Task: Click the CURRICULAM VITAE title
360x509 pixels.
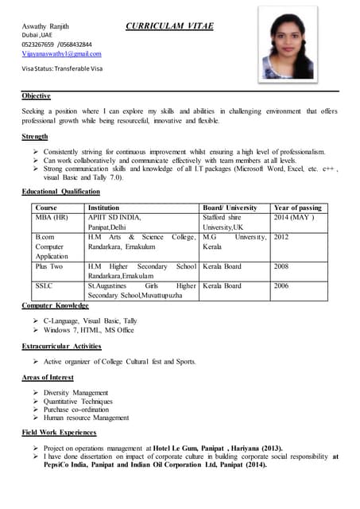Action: click(168, 25)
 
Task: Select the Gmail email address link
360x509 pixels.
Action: click(62, 53)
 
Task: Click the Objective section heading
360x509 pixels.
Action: click(37, 95)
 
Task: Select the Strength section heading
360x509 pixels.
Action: click(35, 137)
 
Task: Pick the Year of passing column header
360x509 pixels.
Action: click(297, 208)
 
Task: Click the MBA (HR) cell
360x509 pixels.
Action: click(51, 216)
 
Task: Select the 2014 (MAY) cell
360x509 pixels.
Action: click(294, 216)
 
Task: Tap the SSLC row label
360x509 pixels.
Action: click(44, 286)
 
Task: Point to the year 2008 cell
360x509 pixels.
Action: click(281, 266)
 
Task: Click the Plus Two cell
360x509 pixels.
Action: click(48, 266)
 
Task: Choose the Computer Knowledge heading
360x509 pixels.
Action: click(56, 305)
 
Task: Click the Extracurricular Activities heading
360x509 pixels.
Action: click(62, 346)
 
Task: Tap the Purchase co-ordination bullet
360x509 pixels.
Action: click(82, 409)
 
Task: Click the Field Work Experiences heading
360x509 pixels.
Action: click(60, 433)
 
